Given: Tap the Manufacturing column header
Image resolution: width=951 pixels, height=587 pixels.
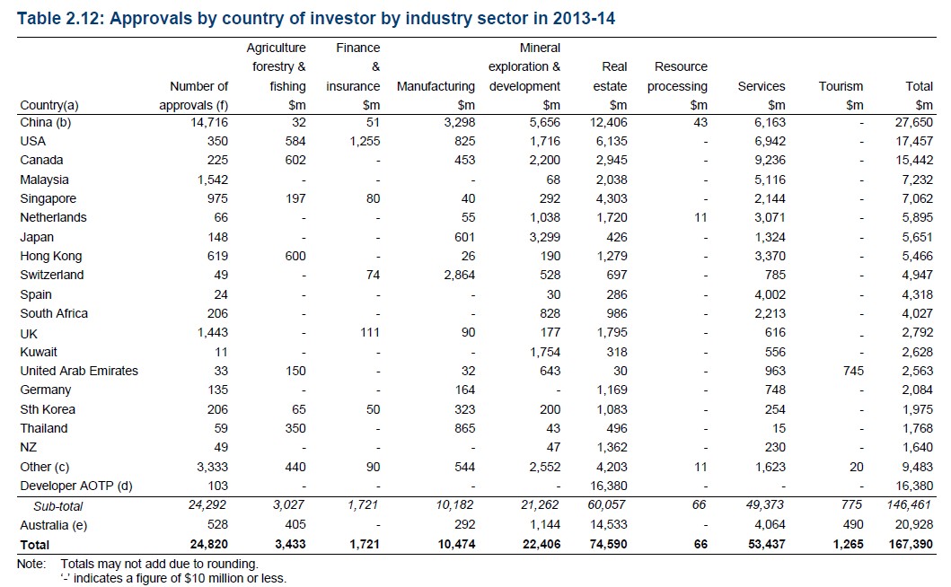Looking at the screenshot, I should coord(436,87).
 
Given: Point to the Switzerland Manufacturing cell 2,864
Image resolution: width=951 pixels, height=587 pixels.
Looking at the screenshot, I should coord(456,275).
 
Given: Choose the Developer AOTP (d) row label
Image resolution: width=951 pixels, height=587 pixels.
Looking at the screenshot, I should coord(76,486).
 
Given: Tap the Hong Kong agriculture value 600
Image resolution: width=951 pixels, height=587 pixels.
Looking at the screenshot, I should coord(294,256).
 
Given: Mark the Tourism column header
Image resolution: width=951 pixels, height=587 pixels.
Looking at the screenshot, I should coord(841,87).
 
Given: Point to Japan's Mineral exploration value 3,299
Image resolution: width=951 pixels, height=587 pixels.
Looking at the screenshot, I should coord(542,237).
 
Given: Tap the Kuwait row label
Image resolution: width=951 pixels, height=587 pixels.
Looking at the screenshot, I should coord(39,352).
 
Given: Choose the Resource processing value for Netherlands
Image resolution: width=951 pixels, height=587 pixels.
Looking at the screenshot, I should coord(700,217).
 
